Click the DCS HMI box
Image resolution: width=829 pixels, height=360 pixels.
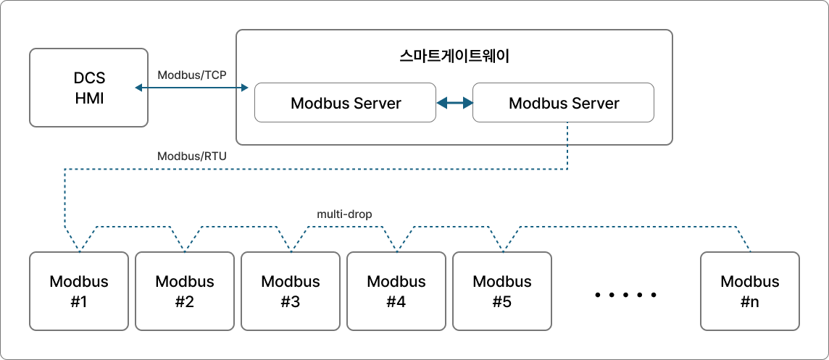coord(88,88)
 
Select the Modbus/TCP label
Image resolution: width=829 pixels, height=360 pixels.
coord(192,75)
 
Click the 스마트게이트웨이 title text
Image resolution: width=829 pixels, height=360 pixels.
coord(454,56)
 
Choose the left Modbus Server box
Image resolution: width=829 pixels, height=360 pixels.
coord(345,103)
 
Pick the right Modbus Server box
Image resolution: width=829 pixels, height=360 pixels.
coord(564,103)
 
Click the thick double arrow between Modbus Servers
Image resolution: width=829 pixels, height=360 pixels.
coord(454,103)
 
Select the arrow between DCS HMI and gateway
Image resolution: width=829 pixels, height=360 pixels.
coord(192,88)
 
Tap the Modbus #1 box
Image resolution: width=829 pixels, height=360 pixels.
coord(79,290)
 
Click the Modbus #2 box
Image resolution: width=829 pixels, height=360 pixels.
coord(185,290)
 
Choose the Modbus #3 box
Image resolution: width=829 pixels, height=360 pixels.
coord(291,290)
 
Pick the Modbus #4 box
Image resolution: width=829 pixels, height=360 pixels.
coord(396,290)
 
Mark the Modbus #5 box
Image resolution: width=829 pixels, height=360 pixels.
coord(501,290)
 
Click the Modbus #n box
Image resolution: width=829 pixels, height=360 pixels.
coord(750,290)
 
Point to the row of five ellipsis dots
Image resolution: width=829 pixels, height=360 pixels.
coord(625,295)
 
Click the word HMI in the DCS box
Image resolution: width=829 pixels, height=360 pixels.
coord(89,98)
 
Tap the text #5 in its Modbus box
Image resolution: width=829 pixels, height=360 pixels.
coord(501,301)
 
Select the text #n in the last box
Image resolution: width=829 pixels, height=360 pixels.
coord(750,301)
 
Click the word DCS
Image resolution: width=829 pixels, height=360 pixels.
coord(89,78)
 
